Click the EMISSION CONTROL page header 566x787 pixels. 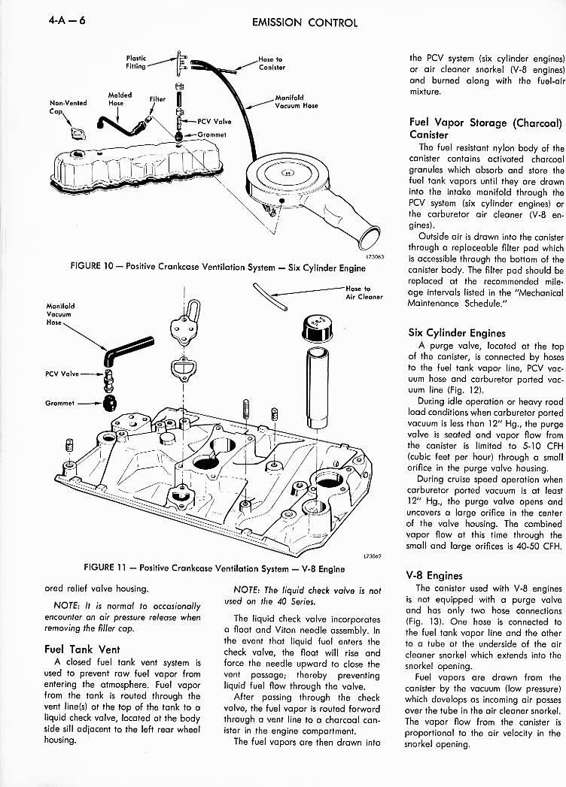[305, 22]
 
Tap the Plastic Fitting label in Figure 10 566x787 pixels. [136, 61]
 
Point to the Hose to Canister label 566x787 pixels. [271, 63]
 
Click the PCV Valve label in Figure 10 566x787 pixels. [214, 120]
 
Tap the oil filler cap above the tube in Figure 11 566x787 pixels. [315, 326]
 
